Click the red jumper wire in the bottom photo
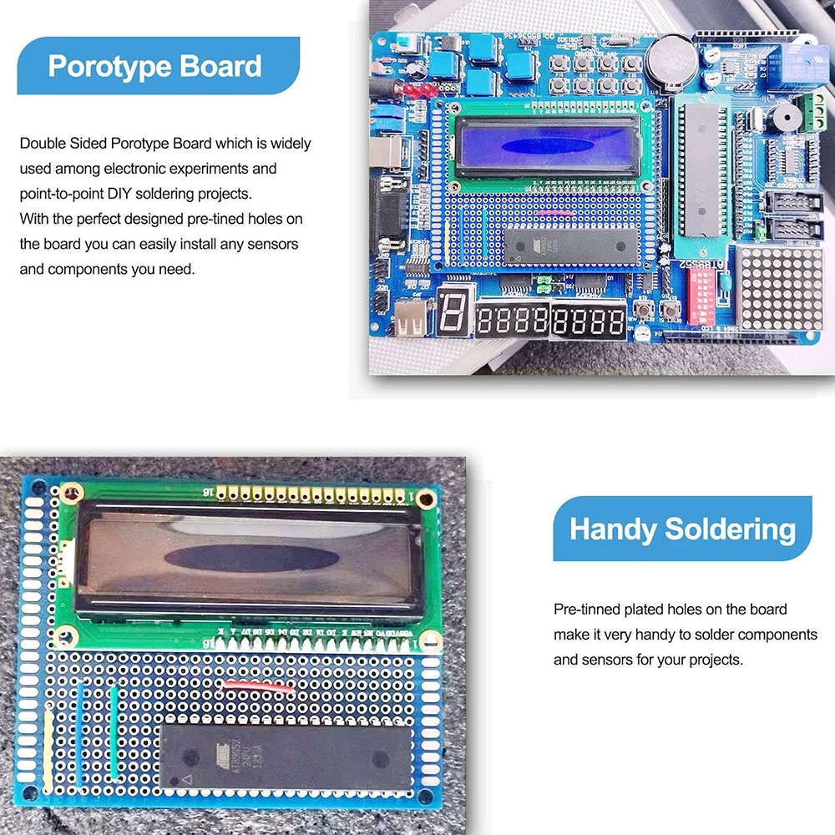pos(256,688)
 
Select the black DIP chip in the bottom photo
pos(284,757)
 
